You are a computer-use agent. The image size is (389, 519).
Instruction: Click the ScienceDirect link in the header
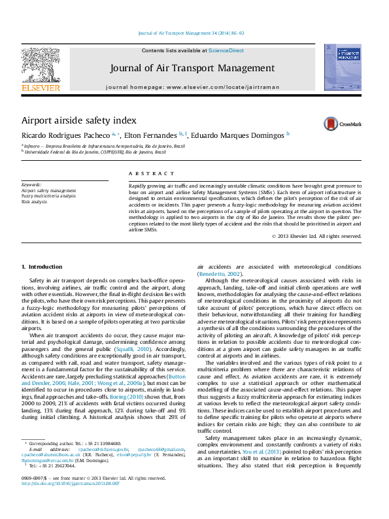click(226, 50)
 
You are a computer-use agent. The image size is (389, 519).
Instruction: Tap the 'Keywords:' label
click(31, 185)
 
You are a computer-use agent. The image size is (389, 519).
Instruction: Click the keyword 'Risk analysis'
click(34, 202)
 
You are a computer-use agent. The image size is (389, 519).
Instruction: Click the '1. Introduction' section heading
click(42, 267)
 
